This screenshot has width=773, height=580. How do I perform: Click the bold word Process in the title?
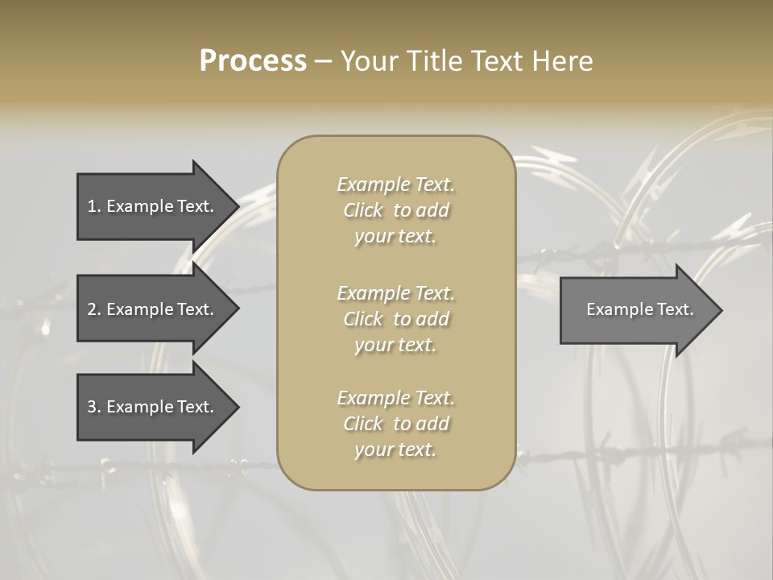point(253,61)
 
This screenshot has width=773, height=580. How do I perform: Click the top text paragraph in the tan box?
point(395,210)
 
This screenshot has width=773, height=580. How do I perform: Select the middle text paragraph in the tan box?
point(395,319)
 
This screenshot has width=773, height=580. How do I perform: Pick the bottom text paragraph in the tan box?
point(395,424)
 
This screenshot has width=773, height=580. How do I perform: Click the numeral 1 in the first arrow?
point(92,206)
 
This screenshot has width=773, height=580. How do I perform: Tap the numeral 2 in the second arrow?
point(92,309)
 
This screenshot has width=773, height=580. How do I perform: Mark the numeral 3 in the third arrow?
point(92,407)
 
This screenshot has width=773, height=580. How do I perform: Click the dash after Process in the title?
point(323,62)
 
